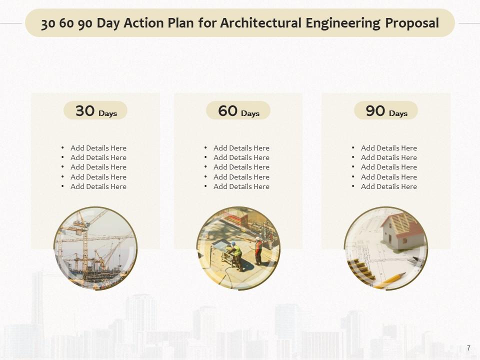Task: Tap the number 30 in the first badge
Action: [x=85, y=110]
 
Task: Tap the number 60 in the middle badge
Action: [x=228, y=110]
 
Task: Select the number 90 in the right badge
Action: [x=375, y=110]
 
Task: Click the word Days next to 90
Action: [x=398, y=113]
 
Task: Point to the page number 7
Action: [x=468, y=348]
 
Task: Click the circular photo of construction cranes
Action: [x=95, y=248]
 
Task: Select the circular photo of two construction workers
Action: [x=238, y=248]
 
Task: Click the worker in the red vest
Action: [x=258, y=250]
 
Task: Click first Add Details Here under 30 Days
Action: [x=98, y=148]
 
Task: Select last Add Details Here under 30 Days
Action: [x=98, y=186]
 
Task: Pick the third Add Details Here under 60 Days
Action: [x=241, y=167]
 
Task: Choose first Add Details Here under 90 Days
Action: [x=388, y=148]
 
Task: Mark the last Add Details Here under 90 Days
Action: [x=388, y=186]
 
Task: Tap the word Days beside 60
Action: [x=250, y=113]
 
